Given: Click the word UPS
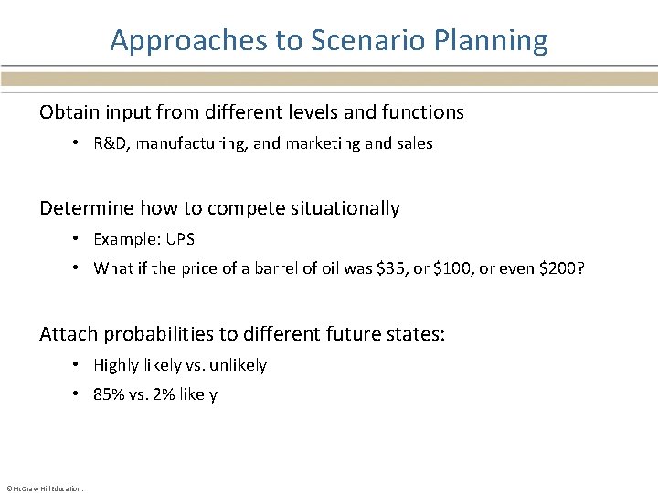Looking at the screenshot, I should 179,239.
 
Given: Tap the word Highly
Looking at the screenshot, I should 117,365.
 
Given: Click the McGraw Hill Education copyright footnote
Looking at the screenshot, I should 45,488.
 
